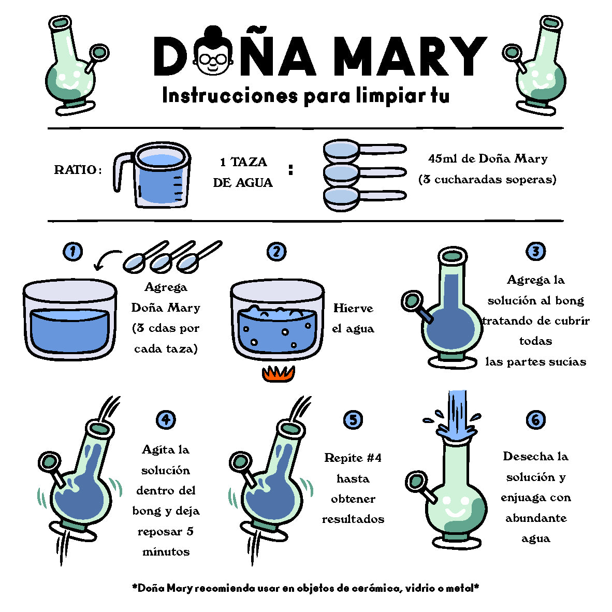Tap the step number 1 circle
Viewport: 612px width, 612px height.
tap(73, 251)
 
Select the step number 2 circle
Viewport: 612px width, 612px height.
tap(276, 251)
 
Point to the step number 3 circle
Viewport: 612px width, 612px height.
tap(535, 251)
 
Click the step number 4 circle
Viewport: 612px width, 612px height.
tap(166, 420)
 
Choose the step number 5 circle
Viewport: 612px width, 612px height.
tap(353, 420)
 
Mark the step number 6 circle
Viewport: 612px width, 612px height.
tap(535, 420)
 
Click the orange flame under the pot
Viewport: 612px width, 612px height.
tap(278, 373)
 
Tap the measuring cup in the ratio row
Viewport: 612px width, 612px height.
tap(152, 175)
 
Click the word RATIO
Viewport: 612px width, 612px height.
tap(78, 170)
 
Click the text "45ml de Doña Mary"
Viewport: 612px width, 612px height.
tap(488, 158)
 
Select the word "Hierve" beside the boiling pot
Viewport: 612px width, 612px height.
tap(353, 309)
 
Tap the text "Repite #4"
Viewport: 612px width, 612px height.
tap(353, 457)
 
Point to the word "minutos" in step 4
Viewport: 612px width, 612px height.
tap(166, 552)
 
